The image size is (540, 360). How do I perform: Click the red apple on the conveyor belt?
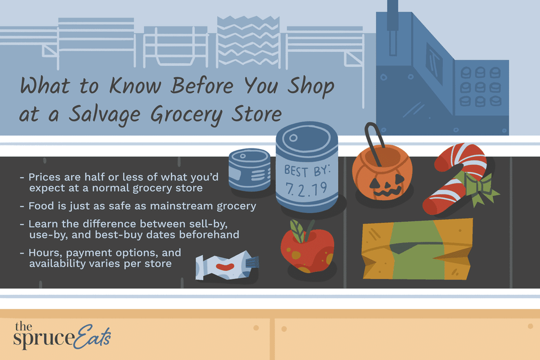click(x=307, y=251)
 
